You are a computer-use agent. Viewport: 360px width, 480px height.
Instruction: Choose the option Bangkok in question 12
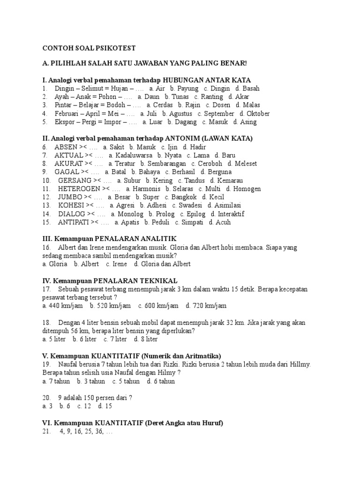(x=184, y=197)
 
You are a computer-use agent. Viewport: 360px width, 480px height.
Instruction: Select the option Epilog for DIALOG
(x=195, y=214)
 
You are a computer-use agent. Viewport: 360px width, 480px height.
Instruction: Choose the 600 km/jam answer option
(x=162, y=306)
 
